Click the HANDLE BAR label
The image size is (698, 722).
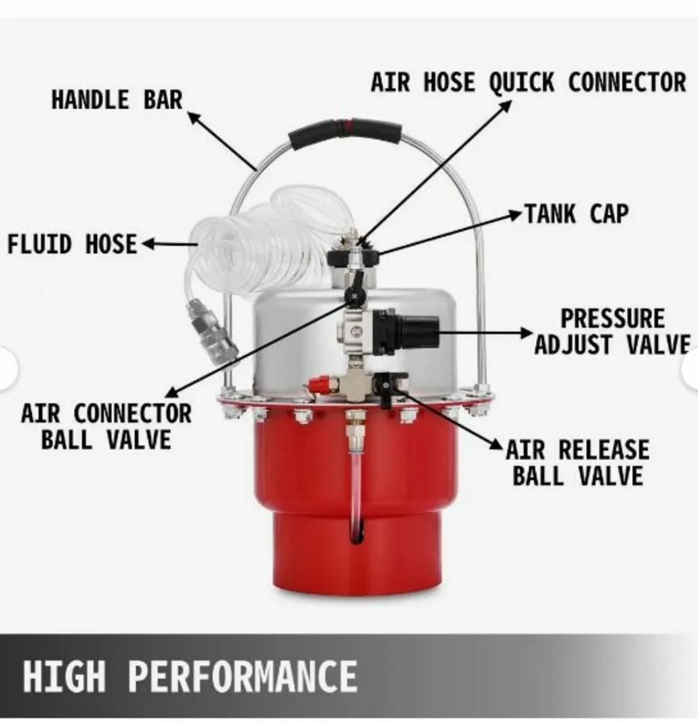117,100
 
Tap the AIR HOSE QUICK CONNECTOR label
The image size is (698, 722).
528,82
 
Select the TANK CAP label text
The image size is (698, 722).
576,214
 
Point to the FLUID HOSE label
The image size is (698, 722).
72,244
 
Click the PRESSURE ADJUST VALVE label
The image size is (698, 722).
612,332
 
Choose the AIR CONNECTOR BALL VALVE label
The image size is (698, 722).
107,427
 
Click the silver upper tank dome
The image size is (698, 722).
289,343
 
